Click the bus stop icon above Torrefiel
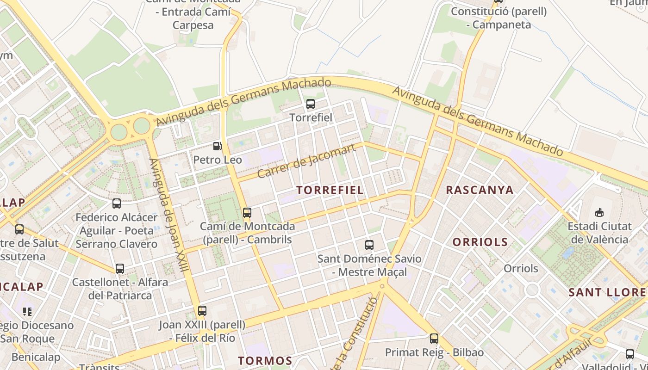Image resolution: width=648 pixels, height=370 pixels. (311, 104)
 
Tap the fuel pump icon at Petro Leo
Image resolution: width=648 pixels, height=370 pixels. (217, 146)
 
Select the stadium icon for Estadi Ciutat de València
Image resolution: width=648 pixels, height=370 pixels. (600, 213)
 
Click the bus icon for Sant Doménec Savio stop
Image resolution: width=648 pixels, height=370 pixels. (369, 245)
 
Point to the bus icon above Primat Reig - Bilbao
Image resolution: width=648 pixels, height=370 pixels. (434, 339)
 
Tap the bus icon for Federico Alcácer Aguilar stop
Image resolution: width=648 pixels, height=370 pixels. (117, 203)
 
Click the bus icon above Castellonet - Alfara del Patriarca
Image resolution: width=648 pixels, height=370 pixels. (120, 268)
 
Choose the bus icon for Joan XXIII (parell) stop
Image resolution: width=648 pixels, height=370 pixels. (202, 311)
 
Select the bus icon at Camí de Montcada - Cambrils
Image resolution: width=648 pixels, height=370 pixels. (247, 213)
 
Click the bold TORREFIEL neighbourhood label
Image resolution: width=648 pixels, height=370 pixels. (330, 190)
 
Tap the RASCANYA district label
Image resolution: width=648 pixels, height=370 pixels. (480, 190)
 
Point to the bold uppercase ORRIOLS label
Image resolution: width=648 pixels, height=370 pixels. (480, 242)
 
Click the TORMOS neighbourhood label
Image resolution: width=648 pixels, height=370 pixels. (265, 361)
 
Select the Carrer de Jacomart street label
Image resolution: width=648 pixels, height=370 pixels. (306, 161)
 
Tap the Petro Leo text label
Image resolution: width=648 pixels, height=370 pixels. (218, 160)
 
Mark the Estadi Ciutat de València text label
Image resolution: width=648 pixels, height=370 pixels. (599, 233)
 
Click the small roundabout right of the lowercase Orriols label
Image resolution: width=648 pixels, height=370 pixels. (532, 290)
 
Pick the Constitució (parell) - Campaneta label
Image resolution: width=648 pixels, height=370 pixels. (498, 18)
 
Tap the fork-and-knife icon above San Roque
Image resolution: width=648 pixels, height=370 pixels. (27, 311)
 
